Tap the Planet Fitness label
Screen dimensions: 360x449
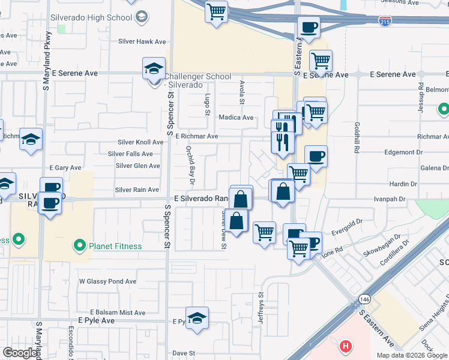[x=115, y=246]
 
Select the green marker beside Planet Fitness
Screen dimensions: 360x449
[x=79, y=245]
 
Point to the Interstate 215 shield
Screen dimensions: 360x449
[x=385, y=21]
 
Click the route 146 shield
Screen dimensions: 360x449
[x=365, y=298]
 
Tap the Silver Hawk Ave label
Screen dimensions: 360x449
[x=142, y=41]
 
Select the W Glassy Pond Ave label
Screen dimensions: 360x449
[x=108, y=281]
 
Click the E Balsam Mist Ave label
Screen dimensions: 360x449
[x=118, y=313]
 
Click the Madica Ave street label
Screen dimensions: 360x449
[x=236, y=118]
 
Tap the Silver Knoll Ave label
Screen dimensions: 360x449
[x=140, y=142]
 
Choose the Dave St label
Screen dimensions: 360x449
[x=184, y=353]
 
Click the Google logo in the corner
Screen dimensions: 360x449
[x=20, y=353]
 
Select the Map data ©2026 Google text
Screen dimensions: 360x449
[x=411, y=355]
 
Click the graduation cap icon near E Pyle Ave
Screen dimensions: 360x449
[x=197, y=319]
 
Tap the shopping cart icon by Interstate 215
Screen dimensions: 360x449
[x=216, y=11]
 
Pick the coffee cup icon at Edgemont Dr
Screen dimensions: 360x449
[x=316, y=156]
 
